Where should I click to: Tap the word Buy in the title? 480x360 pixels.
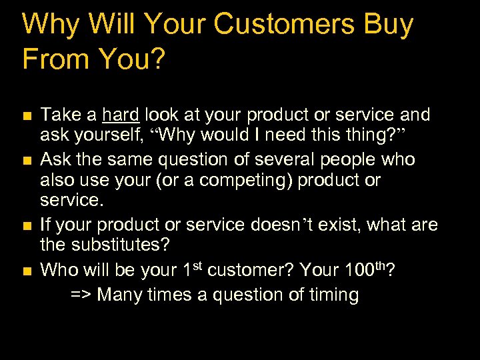coord(387,25)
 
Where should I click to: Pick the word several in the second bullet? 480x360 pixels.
coord(291,160)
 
